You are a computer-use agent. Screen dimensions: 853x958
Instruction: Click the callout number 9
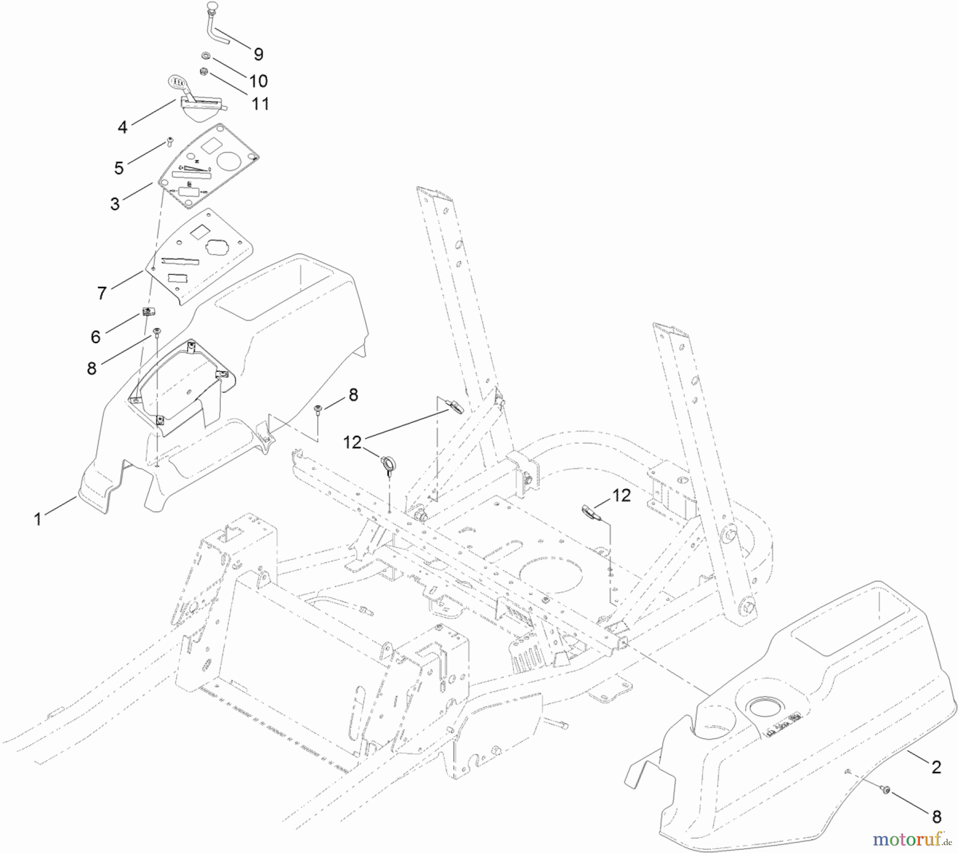(258, 54)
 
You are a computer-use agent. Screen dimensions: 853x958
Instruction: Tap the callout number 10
(258, 81)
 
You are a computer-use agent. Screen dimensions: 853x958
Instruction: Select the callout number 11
(260, 103)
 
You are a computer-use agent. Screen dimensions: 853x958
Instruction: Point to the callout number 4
(122, 127)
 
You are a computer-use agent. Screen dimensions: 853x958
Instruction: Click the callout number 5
(119, 168)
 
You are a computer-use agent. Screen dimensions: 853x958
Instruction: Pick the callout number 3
(115, 204)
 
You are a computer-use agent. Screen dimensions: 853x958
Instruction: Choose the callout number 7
(102, 293)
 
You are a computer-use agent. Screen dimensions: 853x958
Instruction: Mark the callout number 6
(95, 336)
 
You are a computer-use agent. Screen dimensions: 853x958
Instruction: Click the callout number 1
(37, 519)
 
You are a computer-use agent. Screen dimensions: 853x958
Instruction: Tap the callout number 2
(936, 767)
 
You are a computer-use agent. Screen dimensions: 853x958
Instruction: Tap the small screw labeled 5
(170, 141)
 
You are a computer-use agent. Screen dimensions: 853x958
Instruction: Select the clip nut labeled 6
(146, 312)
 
